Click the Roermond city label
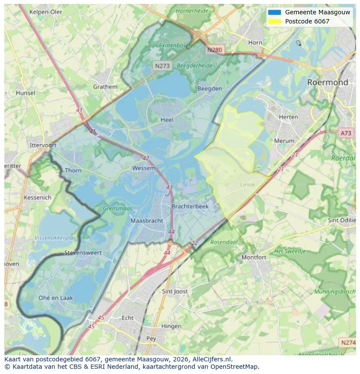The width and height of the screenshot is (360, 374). tap(327, 82)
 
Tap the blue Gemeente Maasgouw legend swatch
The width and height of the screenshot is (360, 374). tap(274, 12)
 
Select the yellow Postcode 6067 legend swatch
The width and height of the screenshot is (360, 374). tap(274, 21)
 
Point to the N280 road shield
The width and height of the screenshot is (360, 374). tap(214, 50)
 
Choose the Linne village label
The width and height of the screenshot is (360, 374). tap(247, 185)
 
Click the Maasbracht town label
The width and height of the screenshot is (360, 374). tap(147, 221)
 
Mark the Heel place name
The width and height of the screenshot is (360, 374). tap(167, 120)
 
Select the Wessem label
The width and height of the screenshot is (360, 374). tap(143, 168)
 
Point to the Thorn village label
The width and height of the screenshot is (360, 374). tap(73, 170)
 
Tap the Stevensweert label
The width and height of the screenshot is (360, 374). tap(83, 252)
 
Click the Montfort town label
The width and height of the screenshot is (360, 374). tap(254, 257)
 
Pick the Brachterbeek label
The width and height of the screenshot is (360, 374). tap(190, 206)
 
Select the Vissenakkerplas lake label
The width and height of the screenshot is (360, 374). tap(55, 238)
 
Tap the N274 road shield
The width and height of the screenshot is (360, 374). tap(348, 343)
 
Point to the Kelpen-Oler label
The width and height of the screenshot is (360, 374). tap(46, 12)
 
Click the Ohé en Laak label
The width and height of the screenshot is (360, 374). tap(56, 298)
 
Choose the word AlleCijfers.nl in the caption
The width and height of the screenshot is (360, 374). tap(213, 359)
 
